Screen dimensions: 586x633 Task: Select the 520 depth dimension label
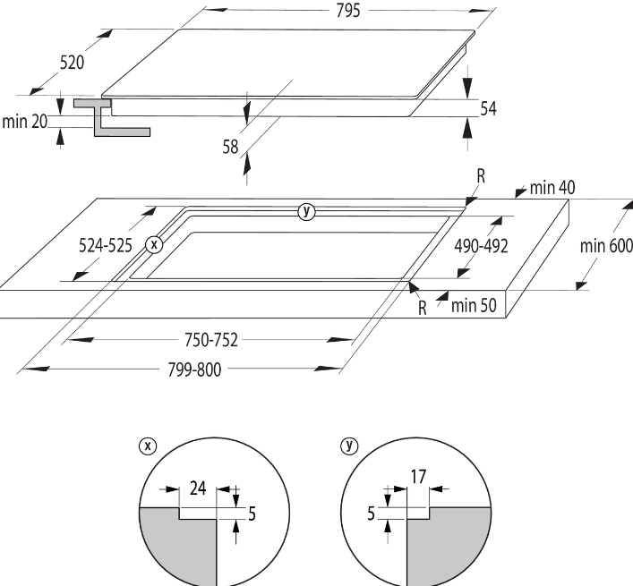coord(72,63)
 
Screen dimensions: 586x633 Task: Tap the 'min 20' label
coord(24,122)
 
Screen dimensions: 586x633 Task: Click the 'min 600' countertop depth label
coord(606,245)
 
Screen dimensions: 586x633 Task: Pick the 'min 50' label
coord(475,305)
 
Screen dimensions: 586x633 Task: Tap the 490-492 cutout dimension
coord(474,245)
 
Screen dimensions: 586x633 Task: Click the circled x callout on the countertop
coord(154,243)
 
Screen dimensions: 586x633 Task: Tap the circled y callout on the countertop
coord(306,211)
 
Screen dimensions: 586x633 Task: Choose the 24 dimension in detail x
coord(198,488)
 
